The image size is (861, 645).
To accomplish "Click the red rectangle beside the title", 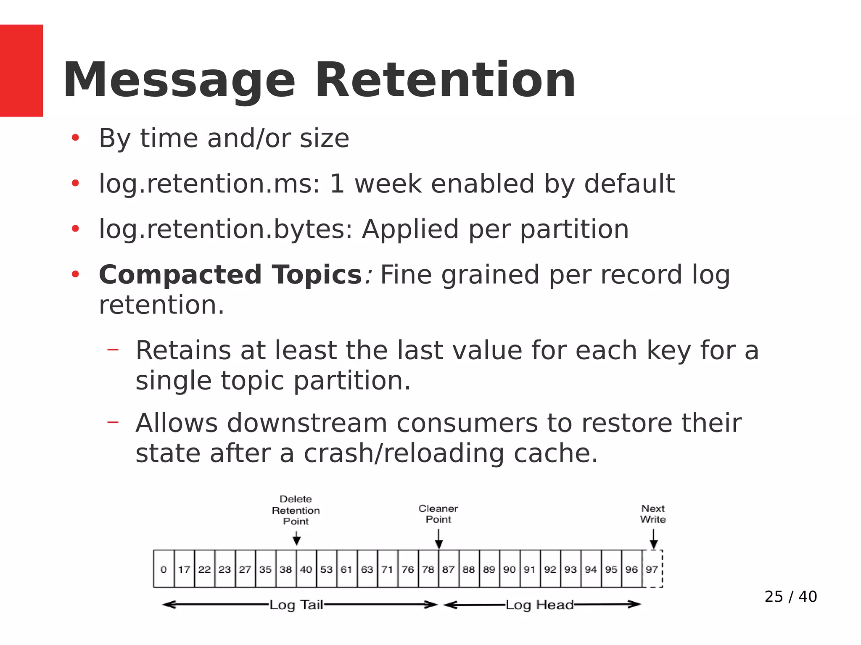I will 21,70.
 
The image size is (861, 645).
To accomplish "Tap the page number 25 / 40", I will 790,597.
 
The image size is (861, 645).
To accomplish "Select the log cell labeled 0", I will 164,569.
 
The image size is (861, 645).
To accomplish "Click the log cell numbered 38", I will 286,569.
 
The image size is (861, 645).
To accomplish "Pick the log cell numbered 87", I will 449,569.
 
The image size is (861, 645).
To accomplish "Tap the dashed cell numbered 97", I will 652,569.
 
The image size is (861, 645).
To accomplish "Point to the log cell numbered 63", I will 367,569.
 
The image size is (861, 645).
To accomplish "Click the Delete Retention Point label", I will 296,510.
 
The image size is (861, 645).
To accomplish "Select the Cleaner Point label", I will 438,513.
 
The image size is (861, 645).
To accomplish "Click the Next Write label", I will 653,513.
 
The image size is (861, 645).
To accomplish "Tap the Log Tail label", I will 296,605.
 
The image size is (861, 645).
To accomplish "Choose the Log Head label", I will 539,605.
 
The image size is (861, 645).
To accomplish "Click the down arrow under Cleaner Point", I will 438,539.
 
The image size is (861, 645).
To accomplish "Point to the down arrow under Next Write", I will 653,539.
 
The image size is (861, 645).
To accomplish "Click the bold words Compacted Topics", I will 230,275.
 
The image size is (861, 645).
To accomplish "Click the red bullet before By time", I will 75,138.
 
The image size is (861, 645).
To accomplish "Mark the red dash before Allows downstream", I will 113,422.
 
